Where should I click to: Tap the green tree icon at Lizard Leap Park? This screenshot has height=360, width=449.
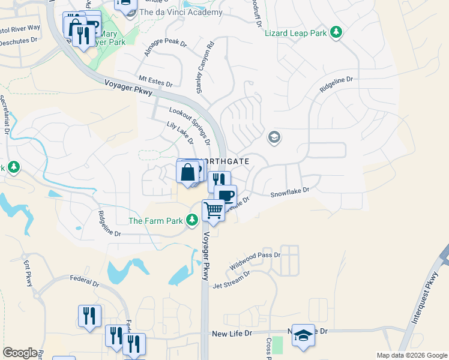coord(337,32)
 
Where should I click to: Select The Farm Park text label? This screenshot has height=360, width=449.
coord(155,221)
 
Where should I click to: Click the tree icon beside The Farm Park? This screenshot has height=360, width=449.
coord(192,221)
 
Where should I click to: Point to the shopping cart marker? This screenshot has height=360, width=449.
coord(213,211)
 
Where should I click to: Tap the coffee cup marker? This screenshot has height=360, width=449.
coord(226,196)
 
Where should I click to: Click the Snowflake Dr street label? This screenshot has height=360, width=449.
coord(289,192)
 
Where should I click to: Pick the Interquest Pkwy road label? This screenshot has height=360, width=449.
coord(426,301)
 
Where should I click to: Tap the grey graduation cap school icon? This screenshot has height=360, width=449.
coord(274,138)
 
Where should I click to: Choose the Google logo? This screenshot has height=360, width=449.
coord(20,353)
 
